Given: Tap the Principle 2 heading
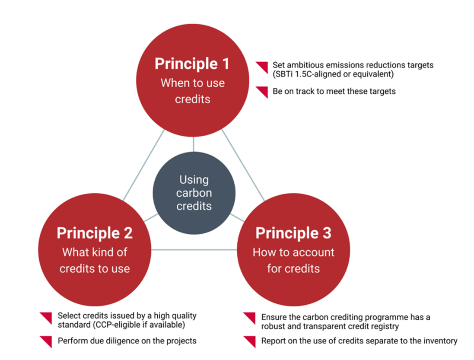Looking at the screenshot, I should point(95,233).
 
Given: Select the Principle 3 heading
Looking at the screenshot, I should point(293,233).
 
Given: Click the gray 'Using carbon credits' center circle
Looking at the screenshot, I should point(194,192).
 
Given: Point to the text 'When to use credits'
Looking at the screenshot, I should point(193,91).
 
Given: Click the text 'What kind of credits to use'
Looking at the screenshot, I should point(95,260).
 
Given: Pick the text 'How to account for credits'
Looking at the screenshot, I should point(293,260).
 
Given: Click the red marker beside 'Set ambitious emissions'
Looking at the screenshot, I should point(262,67).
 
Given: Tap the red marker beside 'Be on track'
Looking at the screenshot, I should point(262,92).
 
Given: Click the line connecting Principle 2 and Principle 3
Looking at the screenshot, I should point(194,249).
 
